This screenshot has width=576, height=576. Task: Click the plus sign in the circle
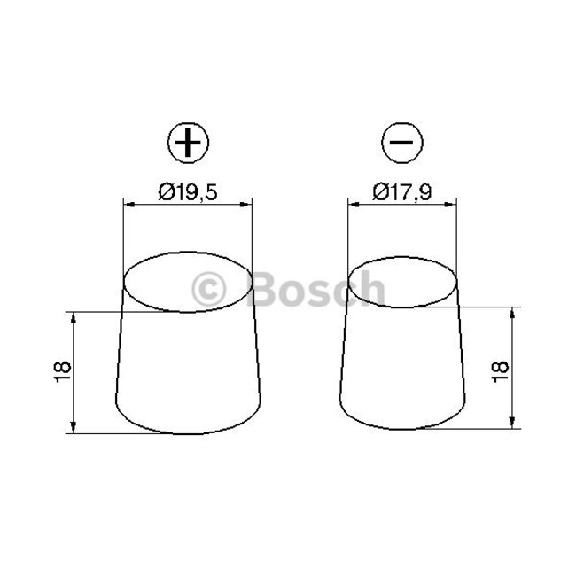point(186,144)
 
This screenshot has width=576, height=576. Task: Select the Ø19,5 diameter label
point(188,191)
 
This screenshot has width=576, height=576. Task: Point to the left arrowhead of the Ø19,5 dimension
point(128,206)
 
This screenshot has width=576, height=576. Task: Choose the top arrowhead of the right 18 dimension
point(513,313)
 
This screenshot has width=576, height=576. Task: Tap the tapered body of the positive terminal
point(188,372)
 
